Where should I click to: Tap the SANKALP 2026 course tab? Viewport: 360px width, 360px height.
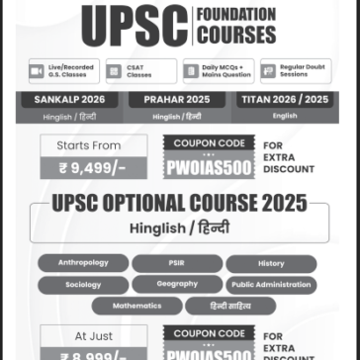coord(68,100)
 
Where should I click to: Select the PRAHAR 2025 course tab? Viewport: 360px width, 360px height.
coord(177,100)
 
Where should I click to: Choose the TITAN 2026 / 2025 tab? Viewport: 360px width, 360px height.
coord(285,100)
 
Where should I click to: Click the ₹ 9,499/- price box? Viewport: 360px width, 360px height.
coord(94,168)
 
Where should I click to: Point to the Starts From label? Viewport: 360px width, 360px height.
coord(94,145)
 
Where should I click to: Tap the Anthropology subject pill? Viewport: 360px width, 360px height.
coord(83,263)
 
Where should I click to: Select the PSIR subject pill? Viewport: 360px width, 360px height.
coord(177,264)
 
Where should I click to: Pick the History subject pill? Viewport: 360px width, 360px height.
coord(271,264)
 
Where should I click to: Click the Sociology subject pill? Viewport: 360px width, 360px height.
coord(83,285)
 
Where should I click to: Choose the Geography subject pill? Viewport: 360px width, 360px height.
coord(177,285)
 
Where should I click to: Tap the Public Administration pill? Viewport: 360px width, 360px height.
coord(271,285)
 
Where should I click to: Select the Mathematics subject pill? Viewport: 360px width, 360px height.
coord(136,306)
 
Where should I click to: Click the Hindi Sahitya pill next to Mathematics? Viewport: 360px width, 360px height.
coord(229,306)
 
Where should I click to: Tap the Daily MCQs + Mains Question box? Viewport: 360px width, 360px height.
coord(217,71)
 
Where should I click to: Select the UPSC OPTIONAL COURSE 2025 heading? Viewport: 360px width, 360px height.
coord(179,205)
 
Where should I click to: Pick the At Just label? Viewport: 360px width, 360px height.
coord(94,335)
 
